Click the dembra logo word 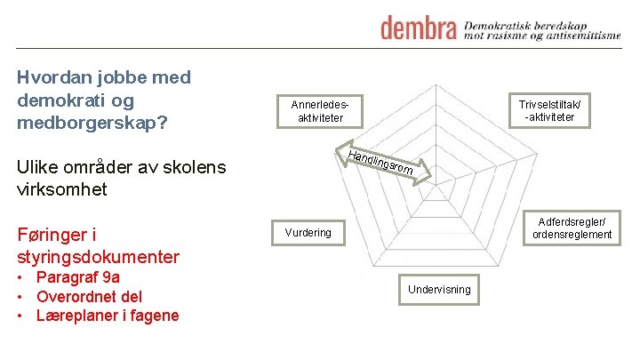[418, 28]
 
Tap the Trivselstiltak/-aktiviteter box [549, 111]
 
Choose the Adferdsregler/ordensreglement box [572, 228]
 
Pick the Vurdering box [308, 233]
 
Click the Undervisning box [439, 290]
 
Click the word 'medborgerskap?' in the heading [92, 122]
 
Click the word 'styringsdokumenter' [98, 258]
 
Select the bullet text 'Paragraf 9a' [78, 277]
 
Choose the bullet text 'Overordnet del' [89, 296]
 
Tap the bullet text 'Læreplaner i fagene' [108, 316]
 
